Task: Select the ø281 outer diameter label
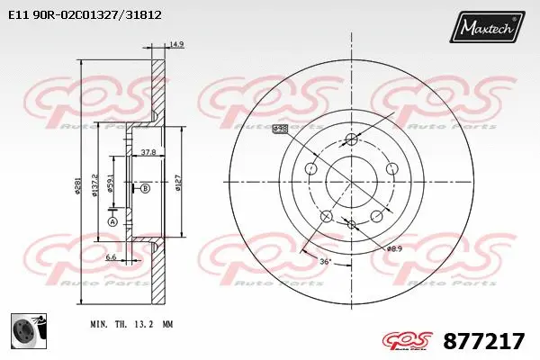click(x=79, y=186)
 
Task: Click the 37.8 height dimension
click(x=148, y=153)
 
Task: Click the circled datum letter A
click(x=112, y=221)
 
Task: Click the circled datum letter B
click(x=144, y=188)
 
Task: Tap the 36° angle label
click(x=326, y=261)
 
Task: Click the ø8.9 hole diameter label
click(x=393, y=247)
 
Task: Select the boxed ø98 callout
click(x=280, y=130)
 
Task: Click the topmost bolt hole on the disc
click(x=351, y=139)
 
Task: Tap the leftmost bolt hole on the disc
click(x=311, y=168)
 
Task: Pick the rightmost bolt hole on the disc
click(x=391, y=168)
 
